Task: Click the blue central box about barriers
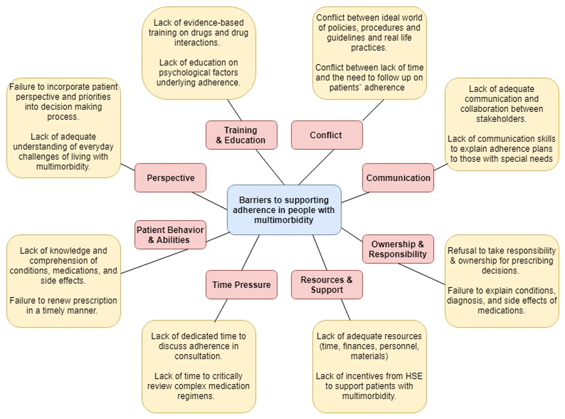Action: pyautogui.click(x=284, y=209)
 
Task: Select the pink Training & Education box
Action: pyautogui.click(x=241, y=135)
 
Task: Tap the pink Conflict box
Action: pyautogui.click(x=326, y=135)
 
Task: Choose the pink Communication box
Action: pyautogui.click(x=398, y=178)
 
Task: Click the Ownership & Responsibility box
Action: pyautogui.click(x=398, y=249)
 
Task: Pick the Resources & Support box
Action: pyautogui.click(x=327, y=284)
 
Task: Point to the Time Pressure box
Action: pyautogui.click(x=241, y=284)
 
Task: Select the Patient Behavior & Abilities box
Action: pyautogui.click(x=170, y=235)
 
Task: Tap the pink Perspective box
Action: pyautogui.click(x=170, y=178)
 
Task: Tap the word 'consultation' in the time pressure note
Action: pyautogui.click(x=198, y=356)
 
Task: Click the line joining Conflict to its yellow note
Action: pyautogui.click(x=372, y=110)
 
